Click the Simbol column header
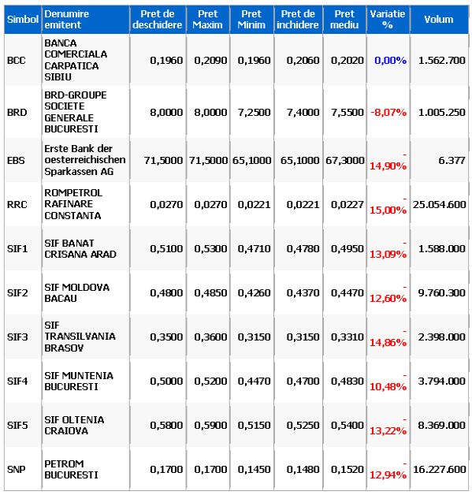(23, 19)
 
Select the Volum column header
(439, 19)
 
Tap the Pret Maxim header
(207, 19)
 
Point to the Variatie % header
(388, 19)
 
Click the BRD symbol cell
(17, 113)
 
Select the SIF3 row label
(17, 337)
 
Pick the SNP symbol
(17, 470)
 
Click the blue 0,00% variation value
(390, 60)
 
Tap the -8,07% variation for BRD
(388, 113)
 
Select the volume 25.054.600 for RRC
(439, 205)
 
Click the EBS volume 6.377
(452, 160)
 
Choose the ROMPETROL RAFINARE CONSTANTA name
(73, 204)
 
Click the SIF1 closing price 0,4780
(303, 249)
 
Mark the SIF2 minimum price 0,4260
(254, 293)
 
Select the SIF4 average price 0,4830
(347, 381)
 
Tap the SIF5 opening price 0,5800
(166, 425)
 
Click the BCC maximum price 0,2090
(210, 60)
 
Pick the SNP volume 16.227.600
(439, 470)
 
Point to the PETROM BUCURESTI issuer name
(71, 470)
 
